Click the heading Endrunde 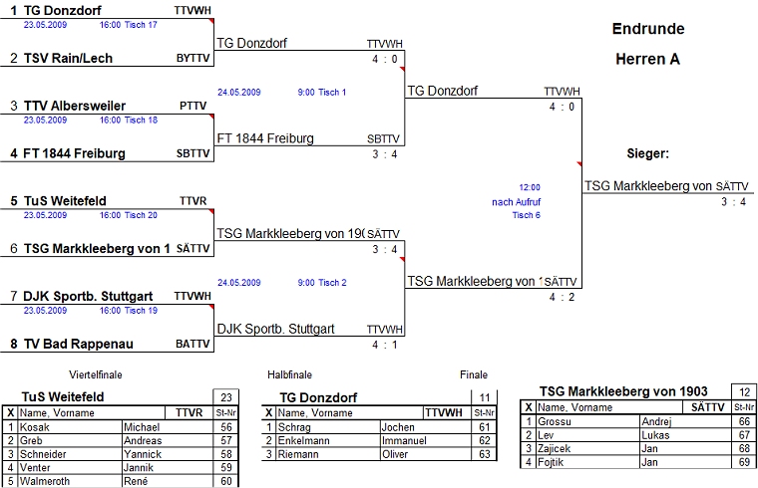[x=647, y=29]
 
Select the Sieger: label [x=647, y=154]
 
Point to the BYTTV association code [x=193, y=59]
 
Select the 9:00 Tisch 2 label [x=322, y=283]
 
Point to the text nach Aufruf [x=517, y=201]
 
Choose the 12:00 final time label [x=530, y=187]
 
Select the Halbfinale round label [x=289, y=375]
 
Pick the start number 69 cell [x=744, y=463]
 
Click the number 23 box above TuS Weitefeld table [x=226, y=395]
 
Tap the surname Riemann [x=299, y=455]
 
